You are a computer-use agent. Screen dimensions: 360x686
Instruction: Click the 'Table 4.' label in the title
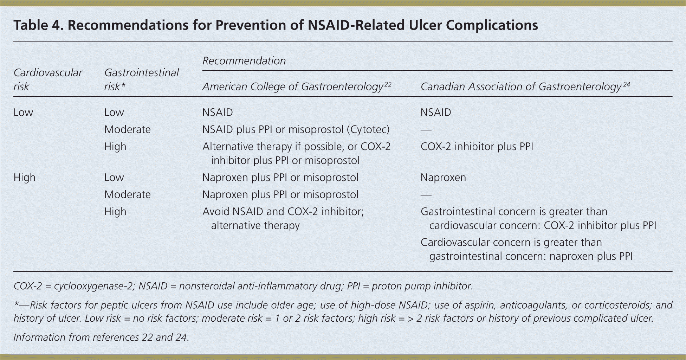[x=38, y=25]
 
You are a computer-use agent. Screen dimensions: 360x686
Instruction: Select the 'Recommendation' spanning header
[x=244, y=61]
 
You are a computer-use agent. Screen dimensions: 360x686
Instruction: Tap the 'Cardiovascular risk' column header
[x=48, y=79]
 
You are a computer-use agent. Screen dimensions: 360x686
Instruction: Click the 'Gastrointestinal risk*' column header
[x=141, y=79]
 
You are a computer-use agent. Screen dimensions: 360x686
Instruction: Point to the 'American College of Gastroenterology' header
[x=292, y=87]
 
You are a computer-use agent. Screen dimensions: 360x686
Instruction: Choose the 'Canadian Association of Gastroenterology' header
[x=521, y=87]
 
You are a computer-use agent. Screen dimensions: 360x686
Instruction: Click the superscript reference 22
[x=388, y=84]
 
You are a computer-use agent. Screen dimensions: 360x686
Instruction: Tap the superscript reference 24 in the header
[x=626, y=84]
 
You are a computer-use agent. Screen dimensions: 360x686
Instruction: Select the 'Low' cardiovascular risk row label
[x=23, y=112]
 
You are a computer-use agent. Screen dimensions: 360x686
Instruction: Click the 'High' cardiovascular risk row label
[x=24, y=178]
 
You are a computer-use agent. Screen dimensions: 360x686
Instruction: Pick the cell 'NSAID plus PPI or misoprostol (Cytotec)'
[x=296, y=130]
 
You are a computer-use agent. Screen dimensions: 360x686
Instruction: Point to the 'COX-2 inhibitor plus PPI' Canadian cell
[x=477, y=147]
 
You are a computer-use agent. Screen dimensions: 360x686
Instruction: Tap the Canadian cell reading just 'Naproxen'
[x=443, y=178]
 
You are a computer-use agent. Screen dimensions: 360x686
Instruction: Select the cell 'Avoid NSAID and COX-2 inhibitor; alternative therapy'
[x=283, y=218]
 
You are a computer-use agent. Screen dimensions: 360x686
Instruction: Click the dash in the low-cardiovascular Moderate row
[x=426, y=130]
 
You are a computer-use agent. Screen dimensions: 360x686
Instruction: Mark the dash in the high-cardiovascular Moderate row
[x=426, y=195]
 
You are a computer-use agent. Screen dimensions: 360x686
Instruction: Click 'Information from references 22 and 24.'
[x=101, y=337]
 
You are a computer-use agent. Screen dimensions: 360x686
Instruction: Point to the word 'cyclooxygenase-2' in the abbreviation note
[x=93, y=286]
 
